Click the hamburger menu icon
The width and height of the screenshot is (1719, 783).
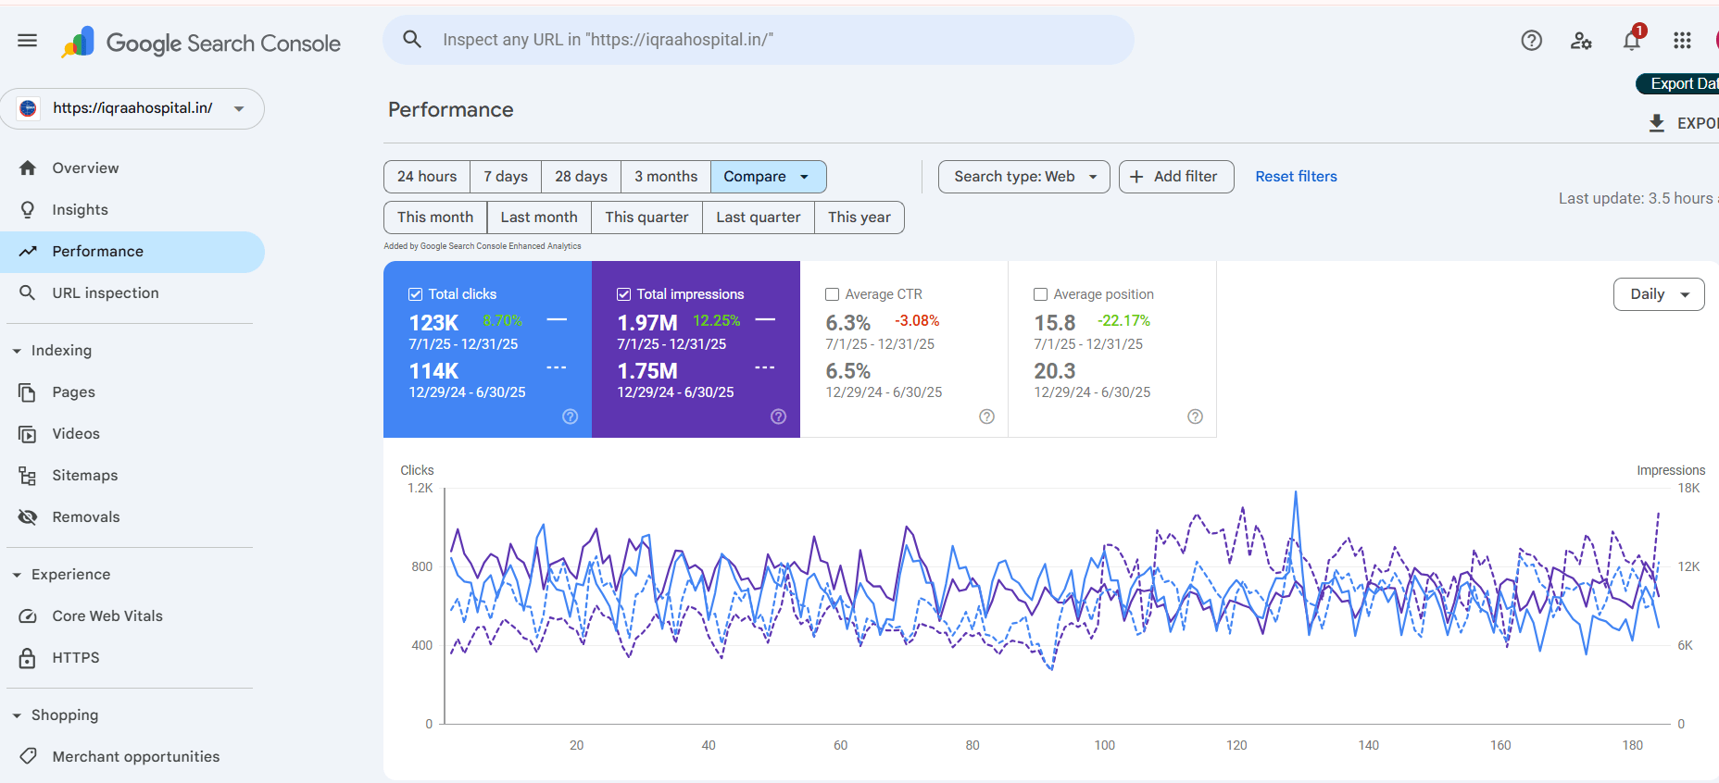tap(28, 40)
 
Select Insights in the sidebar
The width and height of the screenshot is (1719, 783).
tap(80, 210)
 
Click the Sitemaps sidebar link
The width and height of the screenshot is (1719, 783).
tap(84, 476)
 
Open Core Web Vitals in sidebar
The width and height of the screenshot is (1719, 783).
tap(107, 616)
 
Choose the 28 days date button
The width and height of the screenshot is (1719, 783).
tap(581, 177)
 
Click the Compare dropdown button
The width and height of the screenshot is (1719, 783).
tap(767, 177)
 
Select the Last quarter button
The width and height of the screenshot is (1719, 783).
tap(758, 217)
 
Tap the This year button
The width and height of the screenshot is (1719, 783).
tap(859, 217)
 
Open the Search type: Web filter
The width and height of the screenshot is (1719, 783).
tap(1023, 177)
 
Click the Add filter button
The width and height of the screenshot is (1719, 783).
tap(1175, 177)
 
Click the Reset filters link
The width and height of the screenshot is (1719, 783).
tap(1296, 177)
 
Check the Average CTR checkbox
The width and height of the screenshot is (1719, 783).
tap(832, 294)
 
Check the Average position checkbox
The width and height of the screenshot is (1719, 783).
tap(1040, 294)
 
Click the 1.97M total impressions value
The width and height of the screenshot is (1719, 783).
tap(647, 323)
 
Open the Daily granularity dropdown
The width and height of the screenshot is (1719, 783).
tap(1658, 294)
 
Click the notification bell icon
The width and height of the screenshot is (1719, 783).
tap(1631, 41)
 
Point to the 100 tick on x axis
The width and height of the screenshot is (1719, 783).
tap(1104, 745)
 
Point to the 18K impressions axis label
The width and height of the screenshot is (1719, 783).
tap(1688, 489)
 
